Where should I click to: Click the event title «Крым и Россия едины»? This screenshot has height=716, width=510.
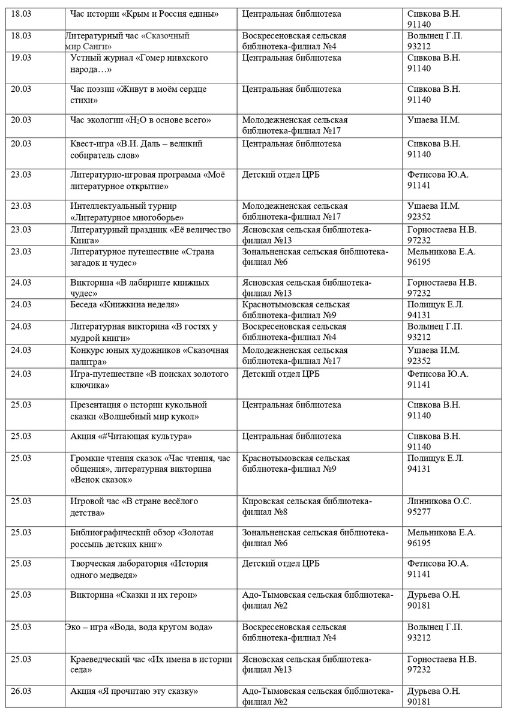point(144,14)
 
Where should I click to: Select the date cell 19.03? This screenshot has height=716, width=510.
point(21,58)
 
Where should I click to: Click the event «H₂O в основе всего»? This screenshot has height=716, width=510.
point(140,120)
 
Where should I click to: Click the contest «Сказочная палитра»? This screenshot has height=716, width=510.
point(149,355)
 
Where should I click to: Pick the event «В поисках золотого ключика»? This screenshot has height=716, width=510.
point(149,379)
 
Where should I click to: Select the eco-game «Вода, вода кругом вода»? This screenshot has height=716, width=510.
point(139,627)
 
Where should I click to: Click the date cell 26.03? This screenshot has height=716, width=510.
point(21,691)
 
